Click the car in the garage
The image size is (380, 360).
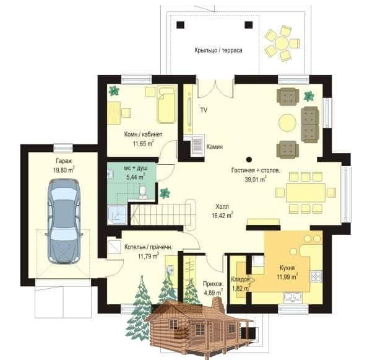[x=64, y=221]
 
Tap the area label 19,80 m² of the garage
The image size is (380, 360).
[x=64, y=170]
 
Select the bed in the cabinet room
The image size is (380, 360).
[x=166, y=105]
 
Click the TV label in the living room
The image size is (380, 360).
[x=204, y=110]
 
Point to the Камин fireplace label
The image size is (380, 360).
[x=215, y=147]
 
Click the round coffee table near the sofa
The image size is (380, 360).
[x=287, y=123]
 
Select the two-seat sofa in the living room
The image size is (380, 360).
[x=309, y=125]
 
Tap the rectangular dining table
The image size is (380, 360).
[x=305, y=193]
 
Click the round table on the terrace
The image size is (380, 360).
[x=282, y=43]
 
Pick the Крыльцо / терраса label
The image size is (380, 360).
[x=218, y=50]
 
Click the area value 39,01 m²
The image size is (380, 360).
[x=256, y=179]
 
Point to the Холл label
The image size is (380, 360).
[x=222, y=207]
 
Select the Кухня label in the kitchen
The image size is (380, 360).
[x=287, y=268]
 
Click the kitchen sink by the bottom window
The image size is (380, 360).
[x=293, y=297]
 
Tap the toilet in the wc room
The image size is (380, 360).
[x=143, y=191]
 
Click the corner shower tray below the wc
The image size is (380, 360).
[x=117, y=215]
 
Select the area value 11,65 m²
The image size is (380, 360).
[x=143, y=143]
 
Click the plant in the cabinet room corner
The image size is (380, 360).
[x=113, y=90]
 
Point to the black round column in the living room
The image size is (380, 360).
[x=249, y=159]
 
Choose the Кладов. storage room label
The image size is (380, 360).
[x=241, y=279]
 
